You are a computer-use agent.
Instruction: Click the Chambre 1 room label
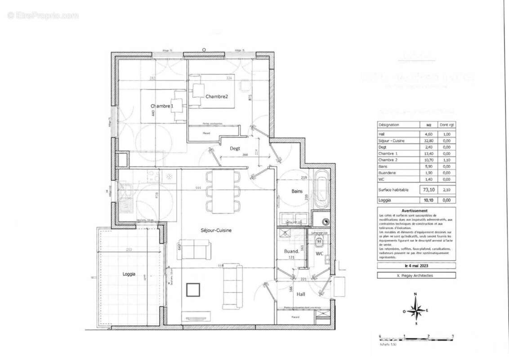(x=161, y=106)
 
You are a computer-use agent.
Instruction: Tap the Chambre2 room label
(x=217, y=97)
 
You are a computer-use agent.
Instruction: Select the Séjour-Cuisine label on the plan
(x=216, y=230)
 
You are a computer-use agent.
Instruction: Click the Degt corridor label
(x=235, y=148)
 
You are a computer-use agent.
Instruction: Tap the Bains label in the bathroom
(x=297, y=191)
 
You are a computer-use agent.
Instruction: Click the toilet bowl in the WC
(x=319, y=241)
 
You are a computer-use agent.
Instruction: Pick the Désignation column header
(x=389, y=125)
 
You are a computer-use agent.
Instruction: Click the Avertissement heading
(x=416, y=210)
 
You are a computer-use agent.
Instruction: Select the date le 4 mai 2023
(x=416, y=266)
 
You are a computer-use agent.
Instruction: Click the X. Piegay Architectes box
(x=416, y=275)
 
